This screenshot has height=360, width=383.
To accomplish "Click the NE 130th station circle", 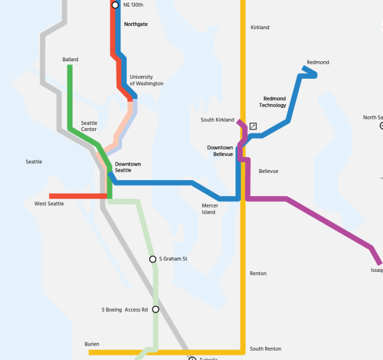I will (x=115, y=5).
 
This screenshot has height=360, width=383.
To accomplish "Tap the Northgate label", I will (x=136, y=25).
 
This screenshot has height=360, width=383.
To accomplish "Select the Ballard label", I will (x=70, y=59).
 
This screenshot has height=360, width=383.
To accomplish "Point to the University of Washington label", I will (x=146, y=80).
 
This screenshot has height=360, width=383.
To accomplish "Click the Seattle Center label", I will (x=89, y=126).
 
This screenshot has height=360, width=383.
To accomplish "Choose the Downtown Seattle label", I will (x=128, y=167).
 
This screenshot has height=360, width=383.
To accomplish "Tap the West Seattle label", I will (x=49, y=204).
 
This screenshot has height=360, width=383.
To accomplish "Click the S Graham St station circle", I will (x=153, y=259).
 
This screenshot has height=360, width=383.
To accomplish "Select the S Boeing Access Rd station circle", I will (x=156, y=309).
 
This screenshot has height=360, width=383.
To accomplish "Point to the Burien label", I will (x=92, y=344).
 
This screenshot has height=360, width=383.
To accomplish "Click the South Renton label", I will (x=265, y=349).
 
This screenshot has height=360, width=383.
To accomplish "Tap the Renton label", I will (x=258, y=274).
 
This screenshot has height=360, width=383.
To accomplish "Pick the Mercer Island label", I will (x=210, y=209).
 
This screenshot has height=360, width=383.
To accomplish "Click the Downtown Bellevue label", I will (x=220, y=151).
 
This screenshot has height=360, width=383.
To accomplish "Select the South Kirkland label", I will (x=217, y=120).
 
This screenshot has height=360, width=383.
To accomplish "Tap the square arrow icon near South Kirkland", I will (x=253, y=126).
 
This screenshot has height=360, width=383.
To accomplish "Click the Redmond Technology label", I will (x=273, y=102).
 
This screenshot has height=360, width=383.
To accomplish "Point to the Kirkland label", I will (x=260, y=28).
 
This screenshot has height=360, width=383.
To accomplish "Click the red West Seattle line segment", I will (x=77, y=196).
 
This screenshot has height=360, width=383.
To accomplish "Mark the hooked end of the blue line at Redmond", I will (x=310, y=73).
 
